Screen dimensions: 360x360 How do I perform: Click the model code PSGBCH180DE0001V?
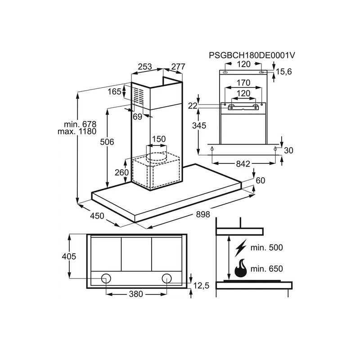pos(252,55)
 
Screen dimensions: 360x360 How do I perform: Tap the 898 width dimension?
pos(203,214)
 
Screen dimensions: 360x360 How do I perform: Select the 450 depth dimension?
pos(97,216)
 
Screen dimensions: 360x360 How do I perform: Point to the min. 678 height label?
pos(80,124)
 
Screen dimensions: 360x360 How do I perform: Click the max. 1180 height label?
pos(77,131)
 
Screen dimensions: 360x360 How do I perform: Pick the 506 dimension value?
pos(107,142)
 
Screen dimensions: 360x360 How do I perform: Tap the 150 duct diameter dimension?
pos(159,139)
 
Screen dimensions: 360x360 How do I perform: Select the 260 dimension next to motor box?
pos(121,172)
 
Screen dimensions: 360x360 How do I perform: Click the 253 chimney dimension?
pos(145,66)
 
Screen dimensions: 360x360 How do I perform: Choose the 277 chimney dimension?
pos(178,66)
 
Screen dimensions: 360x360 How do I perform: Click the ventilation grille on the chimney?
pos(139,97)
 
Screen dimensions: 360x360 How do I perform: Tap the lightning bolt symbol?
pos(240,248)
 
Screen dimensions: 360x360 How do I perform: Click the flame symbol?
pos(240,269)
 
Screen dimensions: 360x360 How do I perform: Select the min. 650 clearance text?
pos(266,269)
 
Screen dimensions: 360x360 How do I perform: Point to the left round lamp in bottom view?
pos(106,279)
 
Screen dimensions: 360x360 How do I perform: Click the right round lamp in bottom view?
pos(166,279)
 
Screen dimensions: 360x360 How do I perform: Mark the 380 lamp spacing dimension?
pos(136,294)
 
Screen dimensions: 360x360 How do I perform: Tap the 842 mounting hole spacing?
pos(243,164)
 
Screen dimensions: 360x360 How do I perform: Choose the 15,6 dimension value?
pos(284,72)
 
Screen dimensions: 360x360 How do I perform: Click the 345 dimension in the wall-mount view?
pos(199,126)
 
